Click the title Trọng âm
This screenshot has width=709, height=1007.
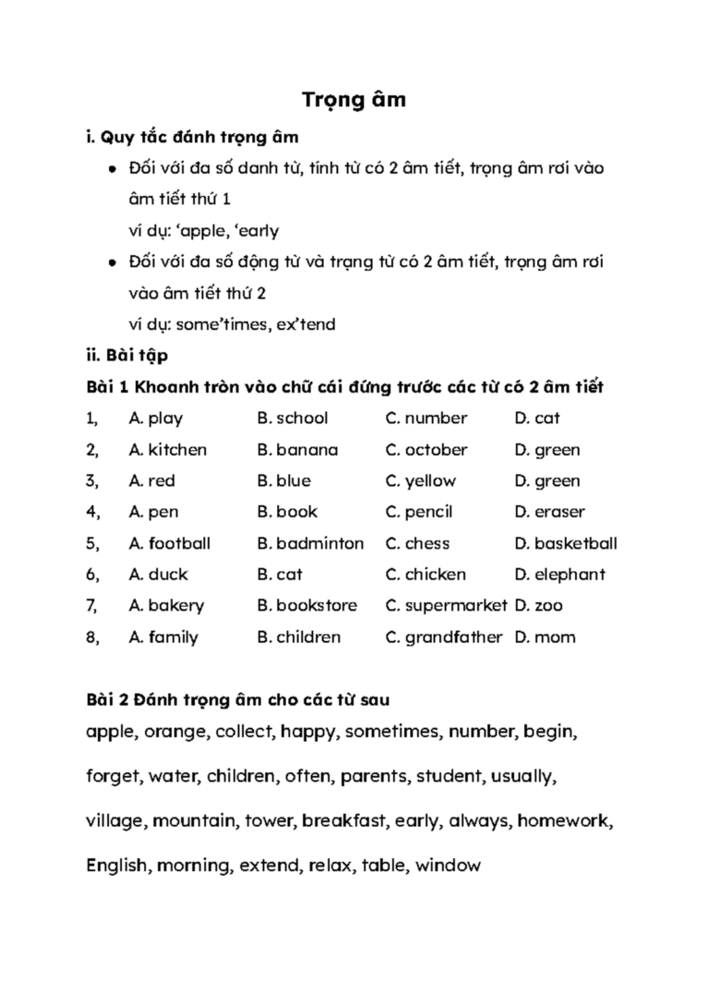(x=354, y=100)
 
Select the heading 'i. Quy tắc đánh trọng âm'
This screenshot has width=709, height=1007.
(x=192, y=139)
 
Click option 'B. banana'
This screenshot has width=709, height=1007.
(x=297, y=450)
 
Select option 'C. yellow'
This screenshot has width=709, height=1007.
(x=420, y=481)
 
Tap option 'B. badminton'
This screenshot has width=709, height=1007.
(x=310, y=543)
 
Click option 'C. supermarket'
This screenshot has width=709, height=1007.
(x=446, y=606)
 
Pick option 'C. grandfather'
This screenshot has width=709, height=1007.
(x=443, y=637)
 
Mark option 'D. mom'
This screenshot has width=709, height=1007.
(x=544, y=637)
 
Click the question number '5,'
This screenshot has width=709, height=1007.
(x=92, y=543)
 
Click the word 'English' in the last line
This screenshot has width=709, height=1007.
(x=117, y=867)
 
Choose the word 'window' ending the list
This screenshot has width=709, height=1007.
(x=448, y=867)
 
